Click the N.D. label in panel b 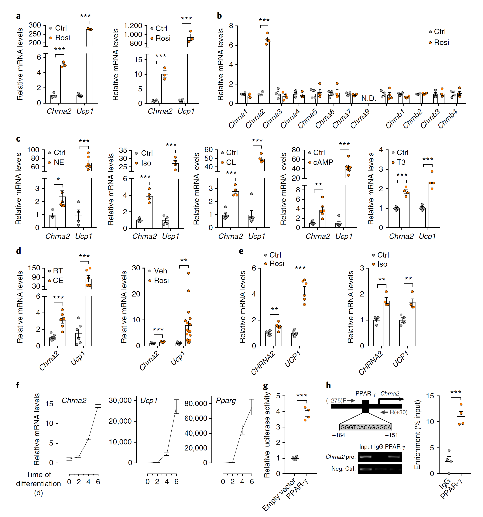coord(368,98)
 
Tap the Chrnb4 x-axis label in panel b coord(447,119)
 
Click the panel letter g coord(265,386)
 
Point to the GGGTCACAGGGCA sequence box coord(365,427)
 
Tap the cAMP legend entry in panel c coord(323,162)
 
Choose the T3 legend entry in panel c coord(401,162)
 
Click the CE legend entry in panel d coord(58,280)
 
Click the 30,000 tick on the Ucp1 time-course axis coord(120,400)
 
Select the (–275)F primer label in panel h coord(336,400)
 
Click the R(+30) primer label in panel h coord(399,412)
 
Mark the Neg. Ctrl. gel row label coord(343,469)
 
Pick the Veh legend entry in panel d coord(160,271)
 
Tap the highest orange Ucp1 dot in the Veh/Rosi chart coord(189,273)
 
